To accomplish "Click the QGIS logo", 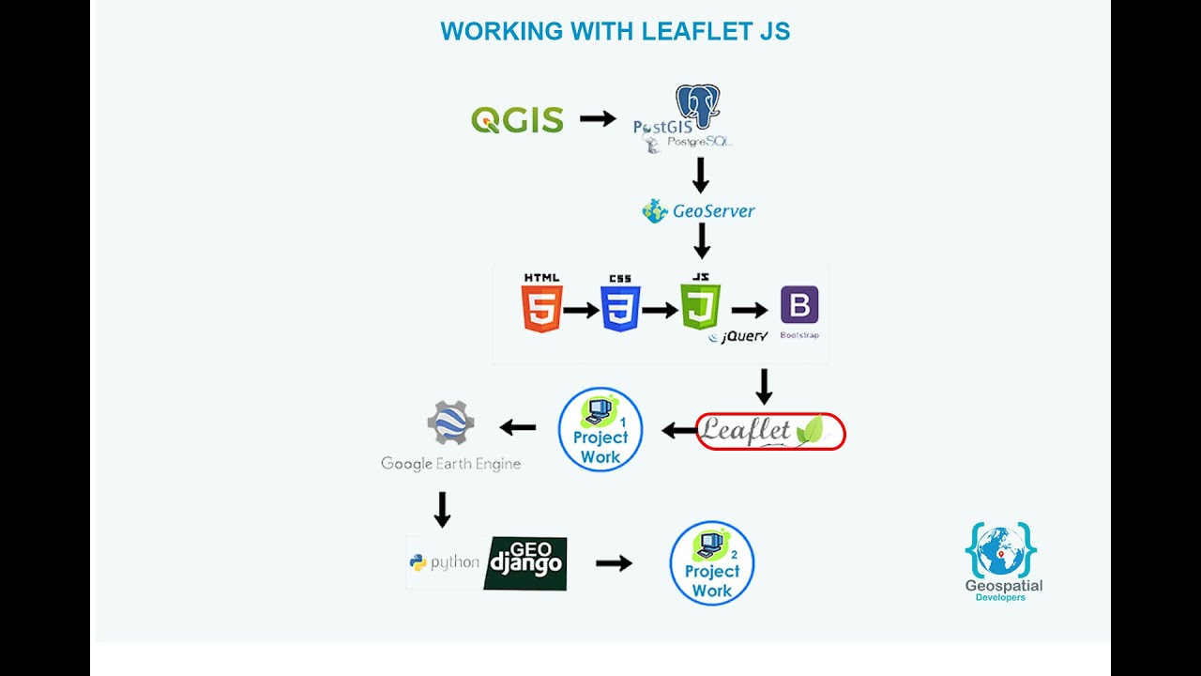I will [x=517, y=120].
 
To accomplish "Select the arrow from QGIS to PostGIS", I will [x=597, y=118].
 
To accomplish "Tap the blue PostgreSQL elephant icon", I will [x=698, y=105].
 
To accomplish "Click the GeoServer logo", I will [x=699, y=211].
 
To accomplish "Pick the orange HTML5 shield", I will [x=541, y=309].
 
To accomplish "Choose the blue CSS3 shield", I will [x=620, y=309].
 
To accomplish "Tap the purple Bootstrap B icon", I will [x=799, y=306].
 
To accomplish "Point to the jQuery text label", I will [x=743, y=336].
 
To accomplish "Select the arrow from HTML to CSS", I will [x=581, y=310].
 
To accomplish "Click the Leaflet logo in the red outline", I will [x=770, y=431].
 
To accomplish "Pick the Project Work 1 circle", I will [x=600, y=429].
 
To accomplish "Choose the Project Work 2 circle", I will [x=712, y=563].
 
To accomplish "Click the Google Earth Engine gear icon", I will [x=450, y=422].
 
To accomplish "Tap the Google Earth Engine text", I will [x=450, y=464].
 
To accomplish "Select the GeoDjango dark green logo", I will [x=525, y=563].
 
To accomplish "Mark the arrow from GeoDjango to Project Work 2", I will [x=614, y=563].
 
